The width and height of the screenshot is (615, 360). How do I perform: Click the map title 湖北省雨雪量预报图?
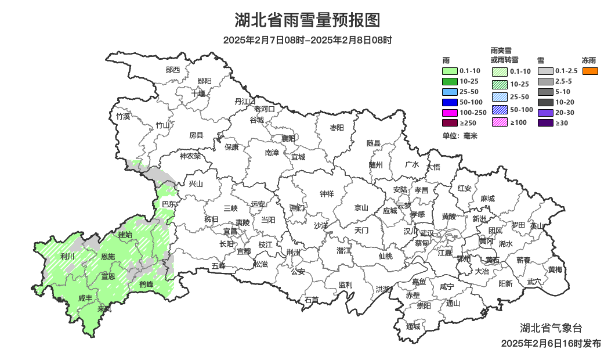coord(307,21)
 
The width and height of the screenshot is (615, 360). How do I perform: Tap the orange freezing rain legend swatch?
coord(590,71)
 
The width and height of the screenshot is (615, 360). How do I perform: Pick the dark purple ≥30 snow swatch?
coord(545,123)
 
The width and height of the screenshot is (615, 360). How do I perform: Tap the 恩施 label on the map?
coord(108,257)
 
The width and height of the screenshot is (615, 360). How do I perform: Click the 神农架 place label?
coord(190,156)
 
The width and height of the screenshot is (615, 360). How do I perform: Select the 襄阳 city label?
coord(288,138)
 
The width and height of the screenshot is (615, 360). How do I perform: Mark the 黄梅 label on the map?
coord(555,269)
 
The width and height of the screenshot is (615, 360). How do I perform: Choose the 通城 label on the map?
coord(413,326)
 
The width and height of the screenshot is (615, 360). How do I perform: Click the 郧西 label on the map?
coord(173,70)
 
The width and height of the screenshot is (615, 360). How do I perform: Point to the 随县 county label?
coord(374,143)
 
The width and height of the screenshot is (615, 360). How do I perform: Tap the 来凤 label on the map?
coord(104,309)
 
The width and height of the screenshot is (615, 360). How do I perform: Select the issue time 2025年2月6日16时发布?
coord(551,344)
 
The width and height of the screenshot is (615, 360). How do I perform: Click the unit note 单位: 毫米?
coord(460,136)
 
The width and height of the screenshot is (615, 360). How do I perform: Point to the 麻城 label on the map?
coord(487,199)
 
